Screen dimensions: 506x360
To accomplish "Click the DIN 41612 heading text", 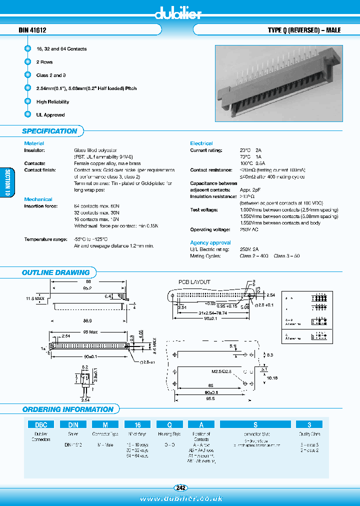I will [32, 30].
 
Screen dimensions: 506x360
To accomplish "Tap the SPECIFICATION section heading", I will [49, 131].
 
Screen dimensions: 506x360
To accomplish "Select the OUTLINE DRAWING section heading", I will [55, 272].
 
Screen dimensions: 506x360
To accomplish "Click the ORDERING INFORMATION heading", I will [68, 409].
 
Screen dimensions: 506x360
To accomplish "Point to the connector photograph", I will [278, 83].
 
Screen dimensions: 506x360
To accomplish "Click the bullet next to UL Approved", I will [27, 114].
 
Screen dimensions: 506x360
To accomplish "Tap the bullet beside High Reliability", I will [27, 101].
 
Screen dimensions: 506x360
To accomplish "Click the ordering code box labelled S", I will [255, 424].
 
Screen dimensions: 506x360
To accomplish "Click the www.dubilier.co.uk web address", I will [180, 498].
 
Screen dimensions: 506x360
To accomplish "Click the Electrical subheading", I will [201, 143].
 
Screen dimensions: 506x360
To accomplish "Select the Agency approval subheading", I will [210, 242].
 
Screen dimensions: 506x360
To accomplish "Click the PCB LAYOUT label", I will [194, 282].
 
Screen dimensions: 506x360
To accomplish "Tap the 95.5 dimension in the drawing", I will [209, 398].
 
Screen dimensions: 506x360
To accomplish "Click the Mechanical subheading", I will [38, 199].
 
